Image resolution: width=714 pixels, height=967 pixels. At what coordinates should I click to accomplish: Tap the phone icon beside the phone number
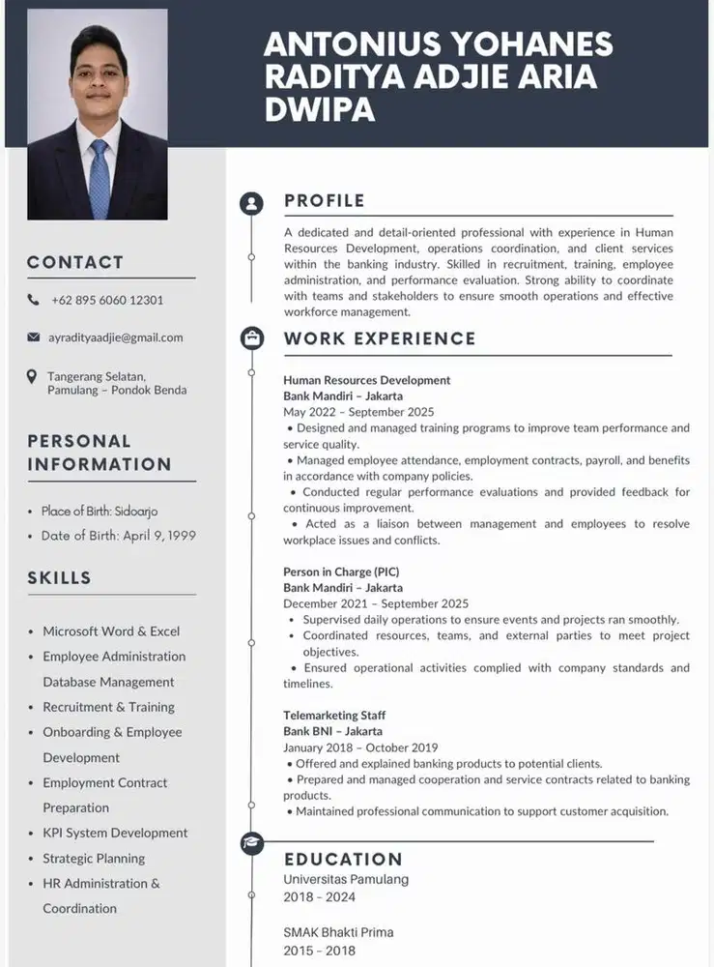(34, 300)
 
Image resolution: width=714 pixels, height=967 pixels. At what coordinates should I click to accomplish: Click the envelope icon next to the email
(34, 337)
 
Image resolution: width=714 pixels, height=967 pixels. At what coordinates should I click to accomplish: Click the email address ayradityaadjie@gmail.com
(116, 337)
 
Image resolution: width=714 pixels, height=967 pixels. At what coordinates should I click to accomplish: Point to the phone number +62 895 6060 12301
(107, 300)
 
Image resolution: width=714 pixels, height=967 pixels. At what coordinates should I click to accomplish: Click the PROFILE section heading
(325, 201)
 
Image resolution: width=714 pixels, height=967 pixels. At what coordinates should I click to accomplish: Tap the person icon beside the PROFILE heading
(252, 203)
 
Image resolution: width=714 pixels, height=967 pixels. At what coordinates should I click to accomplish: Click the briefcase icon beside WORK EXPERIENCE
(252, 337)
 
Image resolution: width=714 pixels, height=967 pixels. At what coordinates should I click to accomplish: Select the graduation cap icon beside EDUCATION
(252, 843)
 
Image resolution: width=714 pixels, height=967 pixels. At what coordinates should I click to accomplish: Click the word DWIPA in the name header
(320, 107)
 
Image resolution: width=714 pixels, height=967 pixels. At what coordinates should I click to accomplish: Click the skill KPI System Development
(115, 833)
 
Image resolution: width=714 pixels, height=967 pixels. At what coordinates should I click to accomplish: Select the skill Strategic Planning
(94, 858)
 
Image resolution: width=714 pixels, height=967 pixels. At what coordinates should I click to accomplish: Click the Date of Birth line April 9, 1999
(119, 535)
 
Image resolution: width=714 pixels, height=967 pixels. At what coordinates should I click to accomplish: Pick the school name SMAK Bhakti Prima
(338, 933)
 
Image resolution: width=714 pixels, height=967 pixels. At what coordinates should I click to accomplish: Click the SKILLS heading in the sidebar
(59, 578)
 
